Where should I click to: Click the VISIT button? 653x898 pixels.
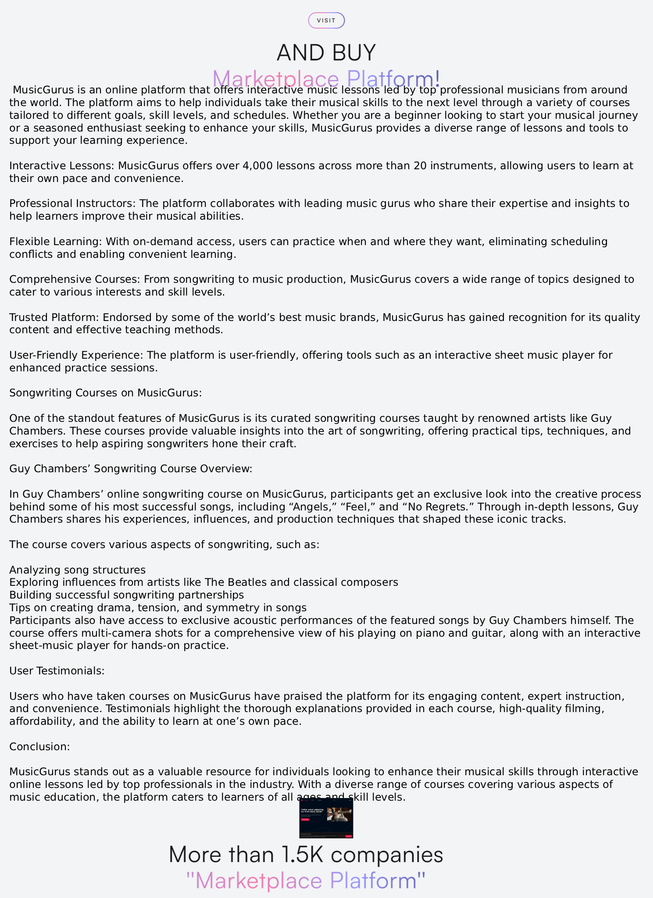326,21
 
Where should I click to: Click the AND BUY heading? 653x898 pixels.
326,53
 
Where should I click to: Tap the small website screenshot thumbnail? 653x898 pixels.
326,818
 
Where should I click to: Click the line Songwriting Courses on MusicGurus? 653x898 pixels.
106,393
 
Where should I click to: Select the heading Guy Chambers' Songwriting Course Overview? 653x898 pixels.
131,469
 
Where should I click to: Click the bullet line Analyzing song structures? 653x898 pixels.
78,570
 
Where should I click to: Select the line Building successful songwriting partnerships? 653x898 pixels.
126,595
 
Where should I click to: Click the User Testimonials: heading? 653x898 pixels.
57,671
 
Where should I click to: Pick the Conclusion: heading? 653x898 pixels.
39,747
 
